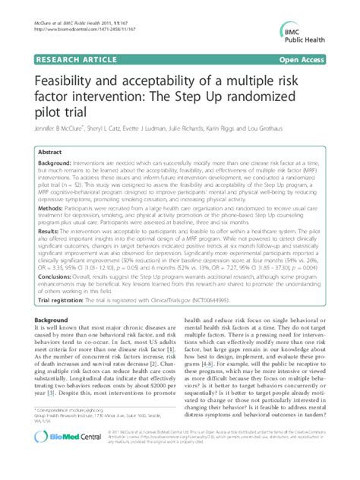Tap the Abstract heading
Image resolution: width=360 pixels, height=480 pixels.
(50, 152)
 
